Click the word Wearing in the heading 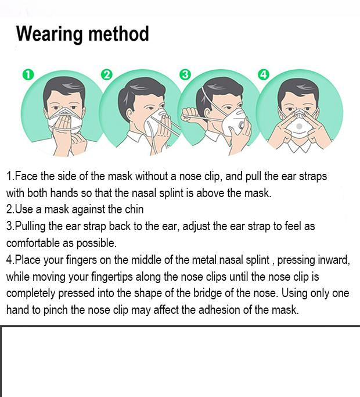49,34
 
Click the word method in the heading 118,33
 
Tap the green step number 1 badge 28,75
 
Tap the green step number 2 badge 107,75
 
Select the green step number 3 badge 185,75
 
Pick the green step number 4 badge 264,75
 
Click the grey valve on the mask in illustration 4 299,126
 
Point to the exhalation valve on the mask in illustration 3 241,126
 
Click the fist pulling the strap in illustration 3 190,115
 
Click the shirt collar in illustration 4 300,145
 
